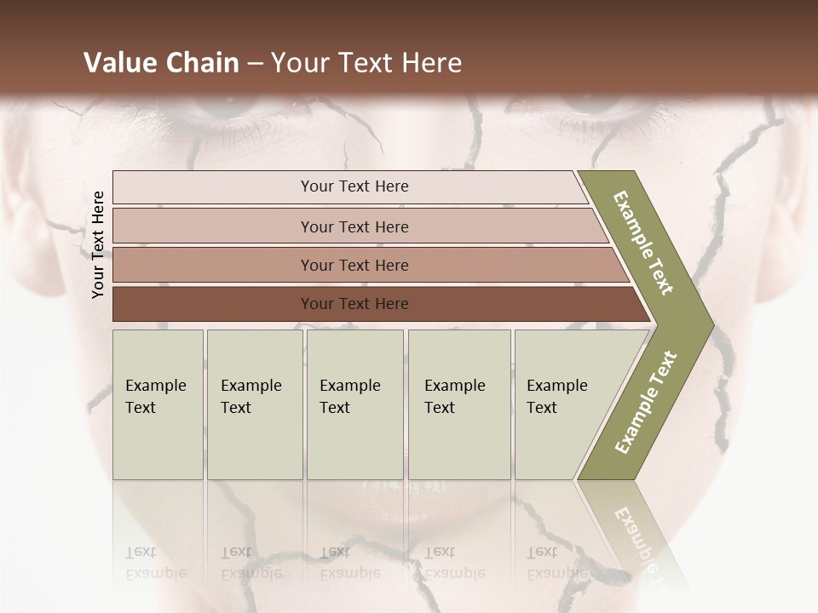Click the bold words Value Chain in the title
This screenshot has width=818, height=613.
coord(161,63)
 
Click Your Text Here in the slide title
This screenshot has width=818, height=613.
coord(366,63)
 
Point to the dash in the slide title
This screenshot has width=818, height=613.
coord(255,64)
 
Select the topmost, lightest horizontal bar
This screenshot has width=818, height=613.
coord(354,186)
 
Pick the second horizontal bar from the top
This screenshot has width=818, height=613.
coord(354,226)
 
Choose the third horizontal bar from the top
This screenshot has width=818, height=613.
coord(354,265)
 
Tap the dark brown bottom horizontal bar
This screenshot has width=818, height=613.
coord(354,304)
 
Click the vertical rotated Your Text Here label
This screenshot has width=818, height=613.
coord(98,244)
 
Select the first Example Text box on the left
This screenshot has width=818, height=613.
coord(158,404)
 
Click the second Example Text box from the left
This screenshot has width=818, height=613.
coord(254,404)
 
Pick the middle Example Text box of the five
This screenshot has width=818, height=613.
coord(354,404)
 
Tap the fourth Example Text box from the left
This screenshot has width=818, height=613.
coord(458,404)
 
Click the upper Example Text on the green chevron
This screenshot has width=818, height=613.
coord(643,243)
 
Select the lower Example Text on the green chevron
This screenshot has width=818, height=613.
coord(645,403)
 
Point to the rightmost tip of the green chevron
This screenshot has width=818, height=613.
coord(711,324)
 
